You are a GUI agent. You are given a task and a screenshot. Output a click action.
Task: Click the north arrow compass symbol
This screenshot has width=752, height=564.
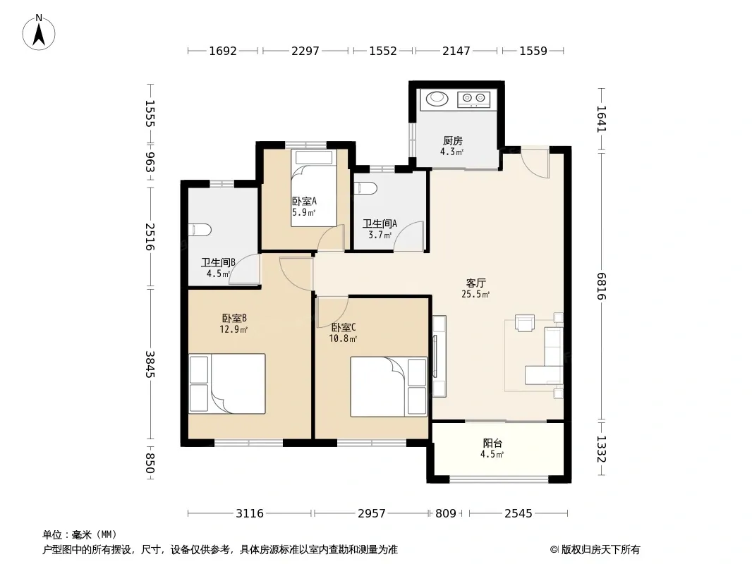click(39, 32)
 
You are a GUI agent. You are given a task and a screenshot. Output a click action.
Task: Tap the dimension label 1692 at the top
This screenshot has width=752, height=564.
click(223, 51)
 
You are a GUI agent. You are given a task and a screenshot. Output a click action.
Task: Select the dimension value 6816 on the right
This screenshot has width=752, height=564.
click(602, 286)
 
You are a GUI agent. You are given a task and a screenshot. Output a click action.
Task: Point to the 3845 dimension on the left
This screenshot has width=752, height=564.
click(150, 364)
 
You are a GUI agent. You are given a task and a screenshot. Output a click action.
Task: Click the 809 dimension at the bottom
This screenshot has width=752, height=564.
click(446, 514)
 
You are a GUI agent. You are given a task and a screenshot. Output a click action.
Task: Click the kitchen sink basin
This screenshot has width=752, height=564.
click(437, 98)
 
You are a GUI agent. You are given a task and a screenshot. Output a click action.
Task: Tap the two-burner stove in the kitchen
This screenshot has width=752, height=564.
click(474, 99)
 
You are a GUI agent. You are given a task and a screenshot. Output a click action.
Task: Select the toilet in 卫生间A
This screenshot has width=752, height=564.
click(364, 188)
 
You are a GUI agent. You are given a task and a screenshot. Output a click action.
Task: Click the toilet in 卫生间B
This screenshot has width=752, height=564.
click(200, 230)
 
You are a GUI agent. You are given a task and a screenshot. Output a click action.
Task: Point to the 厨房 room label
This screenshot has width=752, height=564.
click(453, 140)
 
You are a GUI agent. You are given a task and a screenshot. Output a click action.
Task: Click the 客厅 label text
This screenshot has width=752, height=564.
click(475, 283)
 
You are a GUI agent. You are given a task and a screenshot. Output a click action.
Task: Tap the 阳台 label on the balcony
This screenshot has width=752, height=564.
click(492, 443)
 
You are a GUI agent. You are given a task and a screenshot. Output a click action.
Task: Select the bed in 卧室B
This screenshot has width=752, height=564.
click(227, 384)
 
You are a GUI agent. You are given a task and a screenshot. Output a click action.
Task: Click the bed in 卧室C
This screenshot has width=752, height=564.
click(389, 386)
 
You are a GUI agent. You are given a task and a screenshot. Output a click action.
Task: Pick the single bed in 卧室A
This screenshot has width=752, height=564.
click(314, 188)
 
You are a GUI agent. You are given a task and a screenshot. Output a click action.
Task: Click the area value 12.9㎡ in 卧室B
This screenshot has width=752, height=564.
click(234, 329)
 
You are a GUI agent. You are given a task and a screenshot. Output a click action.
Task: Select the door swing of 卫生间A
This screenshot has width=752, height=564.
click(408, 236)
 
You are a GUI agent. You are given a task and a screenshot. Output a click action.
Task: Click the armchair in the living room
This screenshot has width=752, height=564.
click(525, 322)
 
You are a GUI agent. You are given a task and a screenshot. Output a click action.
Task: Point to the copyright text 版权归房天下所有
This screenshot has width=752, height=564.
click(600, 550)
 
